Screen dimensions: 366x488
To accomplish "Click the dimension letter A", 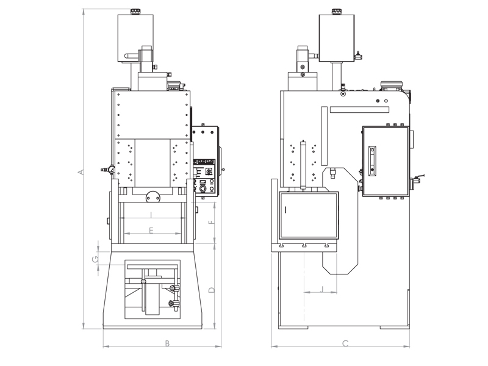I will pos(81,173).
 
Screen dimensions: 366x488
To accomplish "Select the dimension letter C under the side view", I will pos(345,343).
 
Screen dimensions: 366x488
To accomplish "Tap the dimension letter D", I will pos(211,289).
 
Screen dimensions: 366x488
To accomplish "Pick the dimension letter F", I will pos(211,222).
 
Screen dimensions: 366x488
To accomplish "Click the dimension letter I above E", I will pos(151,214).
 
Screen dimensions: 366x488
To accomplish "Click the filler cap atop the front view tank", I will pos(135,10).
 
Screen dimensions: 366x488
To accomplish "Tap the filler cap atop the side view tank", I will pos(337,10).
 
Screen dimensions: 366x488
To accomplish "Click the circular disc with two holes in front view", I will pos(152,196).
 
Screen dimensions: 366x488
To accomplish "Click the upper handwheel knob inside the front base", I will pos(175,289).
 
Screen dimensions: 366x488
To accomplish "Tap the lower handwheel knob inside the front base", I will pos(173,303).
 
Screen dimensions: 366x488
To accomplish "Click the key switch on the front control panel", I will pos(209,173).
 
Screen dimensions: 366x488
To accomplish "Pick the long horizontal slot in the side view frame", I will pos(359,110).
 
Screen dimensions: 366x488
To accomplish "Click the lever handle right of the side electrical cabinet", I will pos(418,179).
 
